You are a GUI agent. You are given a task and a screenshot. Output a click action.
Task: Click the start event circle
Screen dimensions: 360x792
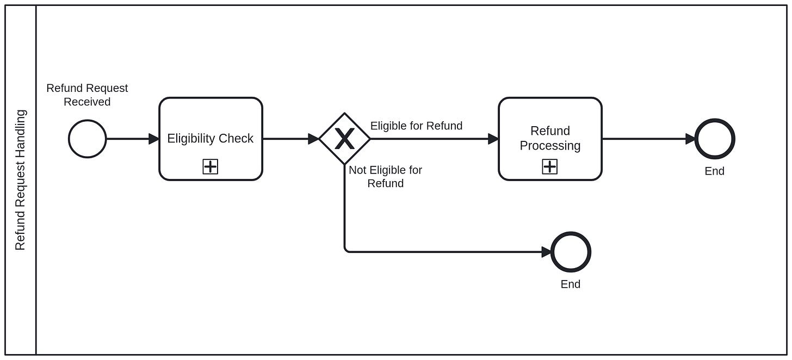(x=87, y=139)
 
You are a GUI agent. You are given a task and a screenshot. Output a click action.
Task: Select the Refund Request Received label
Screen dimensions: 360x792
(x=87, y=95)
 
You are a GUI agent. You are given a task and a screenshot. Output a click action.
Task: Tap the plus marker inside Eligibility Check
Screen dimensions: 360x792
(x=211, y=167)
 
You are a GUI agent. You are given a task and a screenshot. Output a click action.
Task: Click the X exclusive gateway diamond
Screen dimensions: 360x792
(x=344, y=139)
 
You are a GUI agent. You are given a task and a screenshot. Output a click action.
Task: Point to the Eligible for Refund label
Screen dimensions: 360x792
(x=416, y=126)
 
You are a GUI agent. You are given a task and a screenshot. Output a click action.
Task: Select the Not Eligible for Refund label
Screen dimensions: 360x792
(x=385, y=177)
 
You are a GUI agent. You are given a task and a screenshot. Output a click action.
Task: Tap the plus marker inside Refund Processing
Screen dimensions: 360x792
(x=550, y=167)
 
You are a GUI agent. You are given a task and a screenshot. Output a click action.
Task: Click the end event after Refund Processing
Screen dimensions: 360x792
(x=714, y=139)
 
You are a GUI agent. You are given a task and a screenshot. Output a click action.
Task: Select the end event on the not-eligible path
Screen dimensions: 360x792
(x=571, y=252)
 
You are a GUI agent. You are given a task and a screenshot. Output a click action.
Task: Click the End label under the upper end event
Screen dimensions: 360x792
(x=714, y=171)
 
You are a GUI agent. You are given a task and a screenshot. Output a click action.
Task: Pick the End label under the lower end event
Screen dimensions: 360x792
(x=571, y=284)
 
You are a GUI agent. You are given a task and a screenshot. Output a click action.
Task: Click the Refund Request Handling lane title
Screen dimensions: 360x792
(x=20, y=180)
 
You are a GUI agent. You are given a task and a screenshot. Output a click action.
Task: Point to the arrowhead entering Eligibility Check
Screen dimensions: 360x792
(x=154, y=139)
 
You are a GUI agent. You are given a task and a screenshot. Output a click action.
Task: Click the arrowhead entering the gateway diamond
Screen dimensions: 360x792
(x=313, y=139)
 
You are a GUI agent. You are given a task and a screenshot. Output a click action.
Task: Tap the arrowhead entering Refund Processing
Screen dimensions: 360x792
(x=493, y=139)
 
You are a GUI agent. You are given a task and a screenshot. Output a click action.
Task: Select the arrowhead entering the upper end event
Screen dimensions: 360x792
(x=690, y=139)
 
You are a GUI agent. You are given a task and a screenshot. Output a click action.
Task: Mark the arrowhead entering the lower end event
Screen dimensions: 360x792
(x=546, y=252)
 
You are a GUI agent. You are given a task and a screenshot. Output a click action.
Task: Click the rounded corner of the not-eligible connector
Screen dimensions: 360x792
(x=346, y=250)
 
